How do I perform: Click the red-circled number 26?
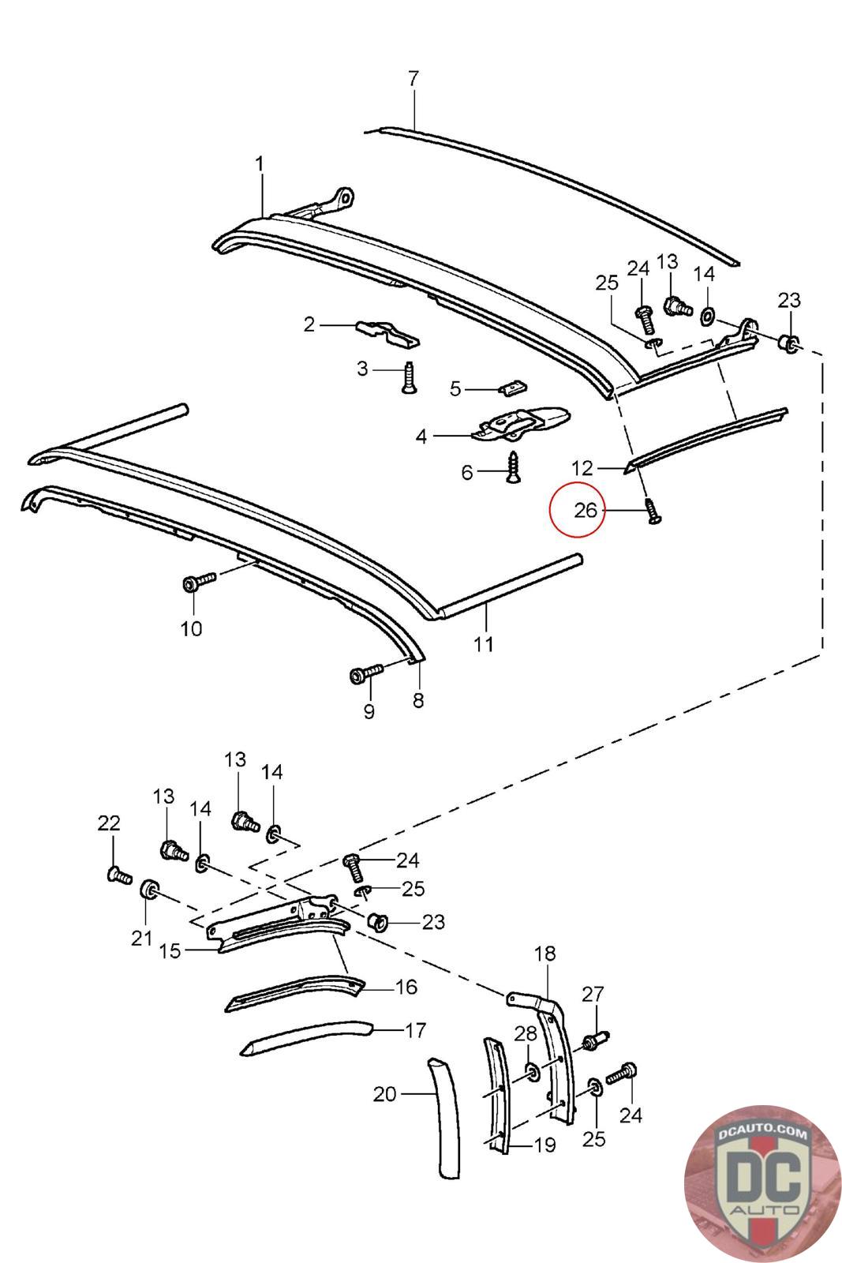(x=585, y=510)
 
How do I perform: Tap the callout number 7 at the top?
(x=414, y=78)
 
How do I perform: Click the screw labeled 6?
(x=514, y=467)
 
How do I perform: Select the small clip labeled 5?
(x=511, y=386)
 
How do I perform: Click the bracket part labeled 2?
(x=387, y=334)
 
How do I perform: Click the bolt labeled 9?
(x=366, y=673)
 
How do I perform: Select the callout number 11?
(x=483, y=643)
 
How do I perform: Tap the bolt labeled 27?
(x=597, y=1039)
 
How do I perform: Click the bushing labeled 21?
(x=149, y=890)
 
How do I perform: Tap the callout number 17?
(x=415, y=1030)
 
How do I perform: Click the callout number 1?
(x=260, y=164)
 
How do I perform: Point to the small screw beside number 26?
(x=653, y=510)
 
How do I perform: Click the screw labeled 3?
(x=409, y=377)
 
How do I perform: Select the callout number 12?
(x=582, y=468)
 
